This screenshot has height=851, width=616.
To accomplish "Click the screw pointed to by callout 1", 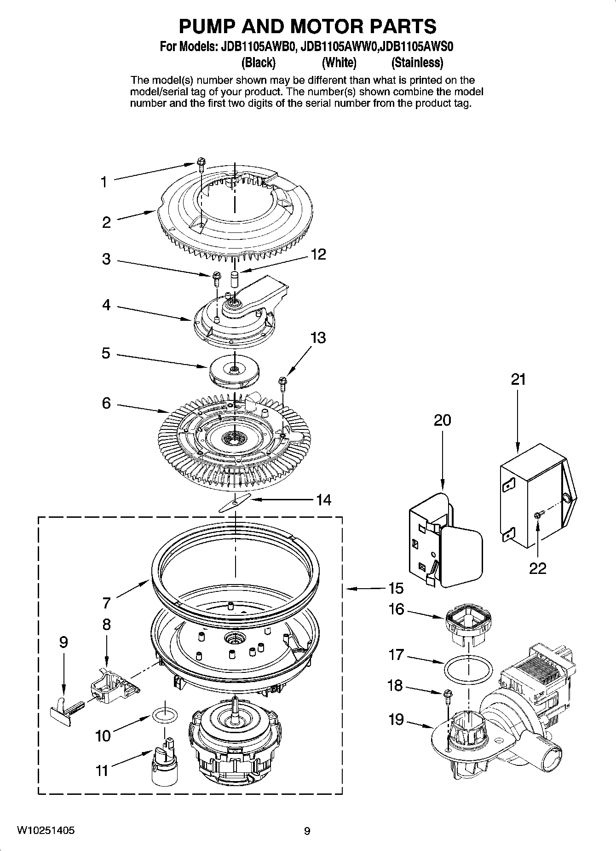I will [201, 164].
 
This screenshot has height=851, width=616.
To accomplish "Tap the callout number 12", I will [318, 255].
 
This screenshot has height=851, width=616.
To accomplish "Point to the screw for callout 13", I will [282, 382].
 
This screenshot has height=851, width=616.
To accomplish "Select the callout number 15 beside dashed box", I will [395, 588].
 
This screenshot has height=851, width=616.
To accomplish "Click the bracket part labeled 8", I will [112, 684].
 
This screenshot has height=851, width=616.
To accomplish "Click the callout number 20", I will [442, 420].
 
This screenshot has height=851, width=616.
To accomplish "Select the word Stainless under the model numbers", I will [417, 62].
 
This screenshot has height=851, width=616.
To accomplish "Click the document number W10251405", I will [46, 831].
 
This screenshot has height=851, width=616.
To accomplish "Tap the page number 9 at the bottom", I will [307, 831].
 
